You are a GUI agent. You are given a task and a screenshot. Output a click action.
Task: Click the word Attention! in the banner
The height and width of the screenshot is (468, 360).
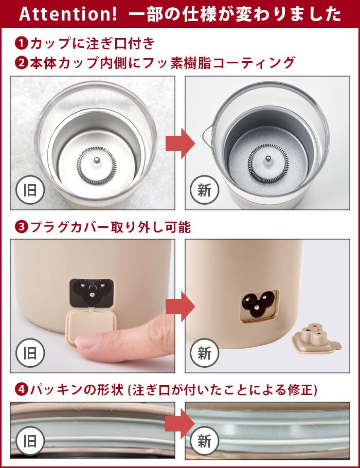(68, 14)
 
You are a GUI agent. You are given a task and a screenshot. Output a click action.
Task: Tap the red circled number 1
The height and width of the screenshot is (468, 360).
(21, 43)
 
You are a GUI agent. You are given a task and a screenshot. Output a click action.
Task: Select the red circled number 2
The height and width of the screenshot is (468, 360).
(21, 63)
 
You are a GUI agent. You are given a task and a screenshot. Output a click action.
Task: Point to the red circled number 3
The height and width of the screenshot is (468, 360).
(21, 227)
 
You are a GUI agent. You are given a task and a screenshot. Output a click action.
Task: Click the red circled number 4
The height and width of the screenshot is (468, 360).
(21, 389)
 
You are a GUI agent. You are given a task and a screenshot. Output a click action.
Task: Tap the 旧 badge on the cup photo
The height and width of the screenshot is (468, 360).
(30, 190)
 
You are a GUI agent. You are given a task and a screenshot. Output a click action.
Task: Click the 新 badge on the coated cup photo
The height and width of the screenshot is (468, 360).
(205, 190)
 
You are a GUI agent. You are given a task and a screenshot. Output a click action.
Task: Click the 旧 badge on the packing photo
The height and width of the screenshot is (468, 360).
(30, 441)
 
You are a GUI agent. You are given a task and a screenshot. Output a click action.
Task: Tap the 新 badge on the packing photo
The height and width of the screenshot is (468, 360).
(205, 441)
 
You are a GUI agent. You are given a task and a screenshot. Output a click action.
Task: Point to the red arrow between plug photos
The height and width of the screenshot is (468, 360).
(181, 306)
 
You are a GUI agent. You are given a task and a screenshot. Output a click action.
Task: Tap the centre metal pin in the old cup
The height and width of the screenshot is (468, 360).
(96, 161)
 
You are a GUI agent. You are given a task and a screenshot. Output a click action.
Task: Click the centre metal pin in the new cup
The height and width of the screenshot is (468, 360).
(267, 159)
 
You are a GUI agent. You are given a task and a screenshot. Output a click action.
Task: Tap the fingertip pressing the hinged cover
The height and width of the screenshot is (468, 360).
(89, 341)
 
